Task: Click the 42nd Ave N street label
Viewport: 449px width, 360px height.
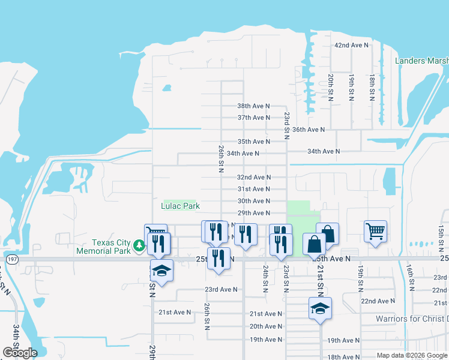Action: click(x=351, y=46)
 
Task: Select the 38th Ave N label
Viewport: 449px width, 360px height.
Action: click(x=253, y=106)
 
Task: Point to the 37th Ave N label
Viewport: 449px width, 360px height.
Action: click(x=253, y=118)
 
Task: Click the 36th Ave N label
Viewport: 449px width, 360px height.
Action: click(x=308, y=130)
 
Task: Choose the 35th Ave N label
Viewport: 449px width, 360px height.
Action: click(x=253, y=142)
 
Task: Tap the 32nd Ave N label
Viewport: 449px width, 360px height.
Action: click(x=253, y=178)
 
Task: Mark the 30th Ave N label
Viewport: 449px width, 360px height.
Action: click(x=253, y=201)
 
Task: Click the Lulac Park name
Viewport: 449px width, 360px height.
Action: click(x=180, y=206)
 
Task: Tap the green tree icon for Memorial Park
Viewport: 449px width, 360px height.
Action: click(x=139, y=245)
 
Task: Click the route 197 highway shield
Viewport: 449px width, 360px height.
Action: click(x=11, y=259)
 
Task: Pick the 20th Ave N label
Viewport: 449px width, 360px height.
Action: click(x=265, y=326)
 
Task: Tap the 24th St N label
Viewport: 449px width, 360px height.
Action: click(x=265, y=279)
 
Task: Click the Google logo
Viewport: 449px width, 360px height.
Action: click(x=20, y=353)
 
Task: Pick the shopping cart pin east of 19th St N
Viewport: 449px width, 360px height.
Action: click(x=375, y=230)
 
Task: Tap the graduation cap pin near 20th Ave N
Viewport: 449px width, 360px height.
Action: click(x=320, y=308)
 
